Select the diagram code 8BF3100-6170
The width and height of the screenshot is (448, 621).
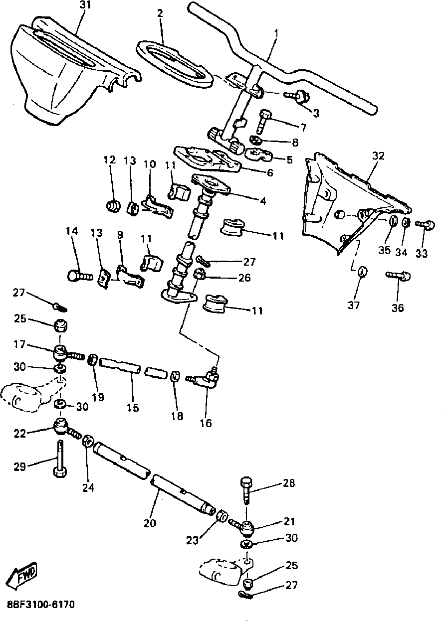coord(40,605)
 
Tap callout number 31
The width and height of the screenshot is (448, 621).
coord(85,5)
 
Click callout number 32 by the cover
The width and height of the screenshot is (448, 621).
coord(378,155)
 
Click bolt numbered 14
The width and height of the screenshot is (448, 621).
coord(79,274)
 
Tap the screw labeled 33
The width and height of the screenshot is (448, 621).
coord(426,225)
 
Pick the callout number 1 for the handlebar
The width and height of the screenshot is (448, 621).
coord(277,33)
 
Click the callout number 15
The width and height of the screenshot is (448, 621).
coord(132,407)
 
